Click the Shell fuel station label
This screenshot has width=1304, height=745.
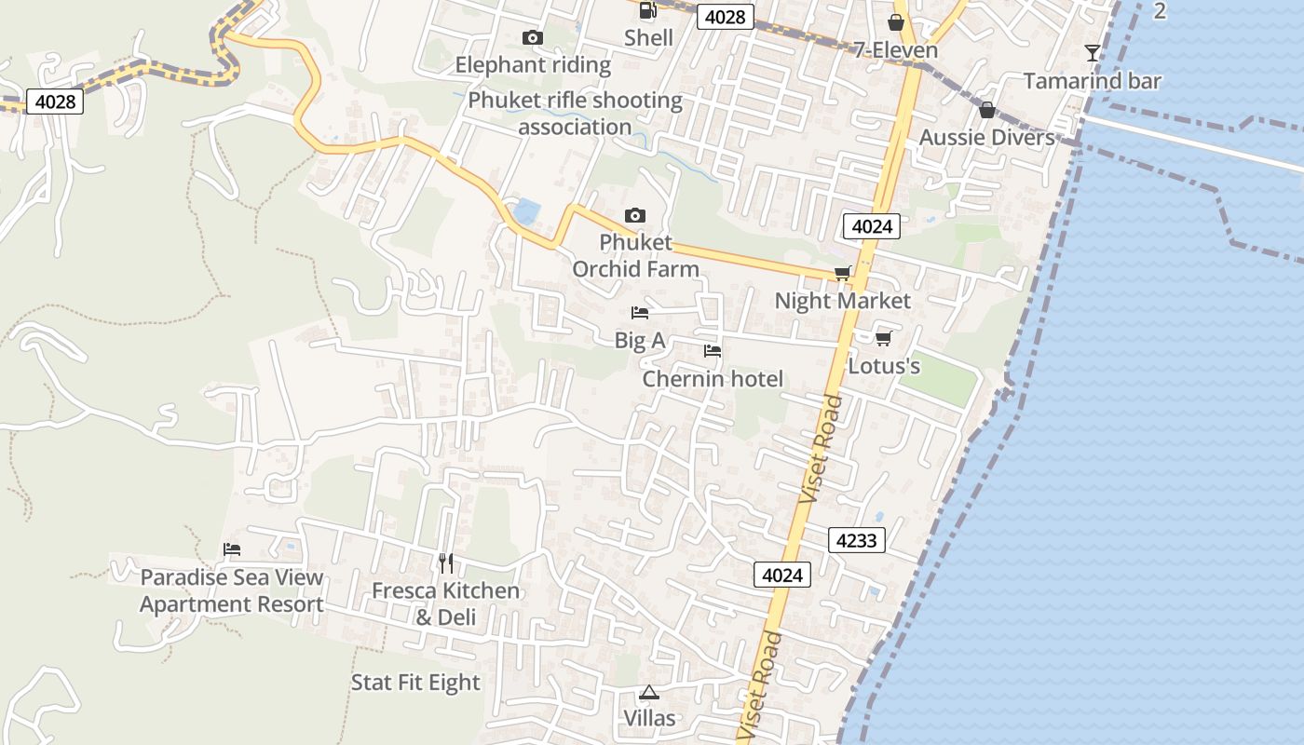click(x=648, y=37)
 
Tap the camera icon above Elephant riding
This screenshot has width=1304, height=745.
click(x=533, y=37)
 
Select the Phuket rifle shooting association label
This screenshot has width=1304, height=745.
click(x=575, y=114)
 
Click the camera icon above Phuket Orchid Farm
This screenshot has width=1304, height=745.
click(x=635, y=215)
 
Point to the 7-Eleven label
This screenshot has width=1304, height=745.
click(x=896, y=49)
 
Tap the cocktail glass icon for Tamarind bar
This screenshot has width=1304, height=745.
click(x=1093, y=53)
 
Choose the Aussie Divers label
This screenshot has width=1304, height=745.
click(x=987, y=138)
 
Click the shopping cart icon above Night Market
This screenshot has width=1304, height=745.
click(x=843, y=273)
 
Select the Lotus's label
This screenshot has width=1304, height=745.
click(x=884, y=366)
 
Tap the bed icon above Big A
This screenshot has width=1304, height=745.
click(x=640, y=313)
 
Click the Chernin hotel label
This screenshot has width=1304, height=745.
click(x=713, y=379)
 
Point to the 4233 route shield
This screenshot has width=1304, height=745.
click(x=856, y=540)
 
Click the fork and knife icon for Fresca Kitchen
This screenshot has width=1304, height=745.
click(x=446, y=562)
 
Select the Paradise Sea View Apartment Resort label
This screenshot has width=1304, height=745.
click(x=232, y=590)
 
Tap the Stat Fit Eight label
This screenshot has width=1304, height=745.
click(x=415, y=683)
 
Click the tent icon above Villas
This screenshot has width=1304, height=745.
click(x=649, y=692)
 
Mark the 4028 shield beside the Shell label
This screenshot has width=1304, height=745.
click(x=725, y=17)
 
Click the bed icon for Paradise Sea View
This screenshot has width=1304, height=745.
click(x=232, y=549)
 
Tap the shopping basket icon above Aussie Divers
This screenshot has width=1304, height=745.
click(x=987, y=110)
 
